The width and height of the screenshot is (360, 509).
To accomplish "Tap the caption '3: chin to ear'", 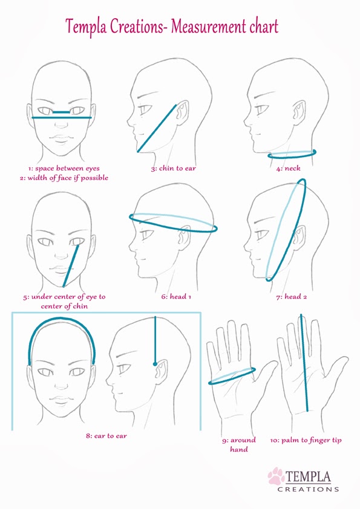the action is [x=173, y=168].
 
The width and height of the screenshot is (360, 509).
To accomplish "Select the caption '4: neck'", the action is [x=288, y=168].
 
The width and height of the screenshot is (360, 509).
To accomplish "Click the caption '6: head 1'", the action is [x=176, y=296].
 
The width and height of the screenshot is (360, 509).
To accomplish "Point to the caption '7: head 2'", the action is [x=292, y=296].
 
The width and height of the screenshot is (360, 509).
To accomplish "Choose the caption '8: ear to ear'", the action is [x=106, y=436].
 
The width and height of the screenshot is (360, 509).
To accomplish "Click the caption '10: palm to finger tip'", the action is [x=306, y=441].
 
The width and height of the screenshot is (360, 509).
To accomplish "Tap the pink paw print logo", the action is [x=276, y=476].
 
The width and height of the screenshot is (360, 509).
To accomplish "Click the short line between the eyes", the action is [x=61, y=112].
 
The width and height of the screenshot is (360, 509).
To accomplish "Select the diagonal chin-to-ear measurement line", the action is [x=157, y=128].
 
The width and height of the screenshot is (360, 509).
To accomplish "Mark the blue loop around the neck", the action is [x=292, y=154].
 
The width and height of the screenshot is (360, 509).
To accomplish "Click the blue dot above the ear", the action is [x=155, y=363].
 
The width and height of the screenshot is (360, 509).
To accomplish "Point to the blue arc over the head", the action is [x=62, y=319].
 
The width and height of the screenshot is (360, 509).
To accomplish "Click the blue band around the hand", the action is [x=232, y=376].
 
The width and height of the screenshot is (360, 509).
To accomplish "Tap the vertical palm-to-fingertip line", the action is [x=304, y=363].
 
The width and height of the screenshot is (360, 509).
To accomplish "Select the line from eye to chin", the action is [x=71, y=266].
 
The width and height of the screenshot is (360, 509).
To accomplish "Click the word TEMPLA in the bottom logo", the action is [x=308, y=477].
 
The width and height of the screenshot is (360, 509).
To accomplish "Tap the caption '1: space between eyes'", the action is [x=64, y=169].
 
